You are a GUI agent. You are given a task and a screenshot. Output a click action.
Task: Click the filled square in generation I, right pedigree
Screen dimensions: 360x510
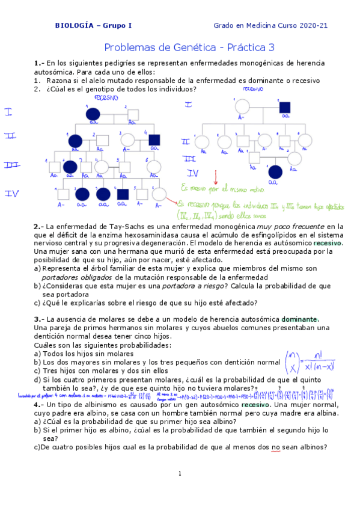285,108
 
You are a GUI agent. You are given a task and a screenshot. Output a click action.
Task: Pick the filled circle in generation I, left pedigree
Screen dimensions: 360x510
93,112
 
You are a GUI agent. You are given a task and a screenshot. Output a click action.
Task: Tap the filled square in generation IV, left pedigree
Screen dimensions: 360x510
123,194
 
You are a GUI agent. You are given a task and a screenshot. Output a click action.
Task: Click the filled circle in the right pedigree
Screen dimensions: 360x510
276,171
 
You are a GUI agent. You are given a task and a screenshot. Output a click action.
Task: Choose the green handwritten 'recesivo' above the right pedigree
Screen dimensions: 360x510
252,88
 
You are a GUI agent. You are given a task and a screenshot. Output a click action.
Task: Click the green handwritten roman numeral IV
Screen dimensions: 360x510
193,173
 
